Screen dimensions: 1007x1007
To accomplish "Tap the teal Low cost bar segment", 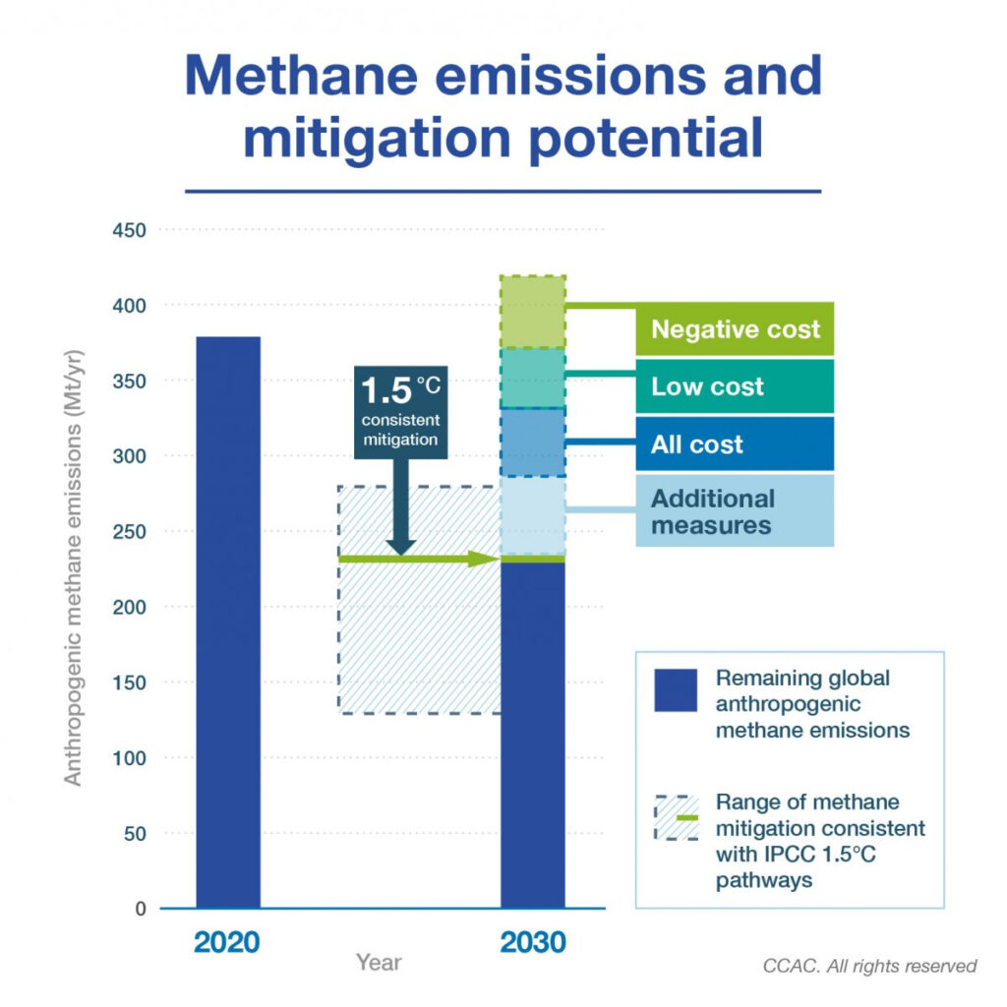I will point(533,378).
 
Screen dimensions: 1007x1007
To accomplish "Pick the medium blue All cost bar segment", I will point(533,443).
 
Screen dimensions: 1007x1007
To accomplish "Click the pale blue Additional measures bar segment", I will point(533,515).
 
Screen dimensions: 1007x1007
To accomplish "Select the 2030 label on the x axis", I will point(533,942).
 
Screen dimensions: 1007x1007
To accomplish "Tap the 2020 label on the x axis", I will point(227,942).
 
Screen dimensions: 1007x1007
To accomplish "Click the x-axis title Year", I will point(379,962).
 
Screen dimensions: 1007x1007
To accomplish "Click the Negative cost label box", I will point(735,328).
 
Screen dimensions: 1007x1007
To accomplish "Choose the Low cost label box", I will point(735,386).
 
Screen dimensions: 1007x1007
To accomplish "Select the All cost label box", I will point(735,444).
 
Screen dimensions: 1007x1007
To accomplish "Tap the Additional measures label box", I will point(735,511).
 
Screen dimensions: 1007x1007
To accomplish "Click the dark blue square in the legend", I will point(676,689).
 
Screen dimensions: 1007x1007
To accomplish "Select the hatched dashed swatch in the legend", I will point(676,816).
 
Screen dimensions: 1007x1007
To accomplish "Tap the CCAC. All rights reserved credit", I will point(869,966).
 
